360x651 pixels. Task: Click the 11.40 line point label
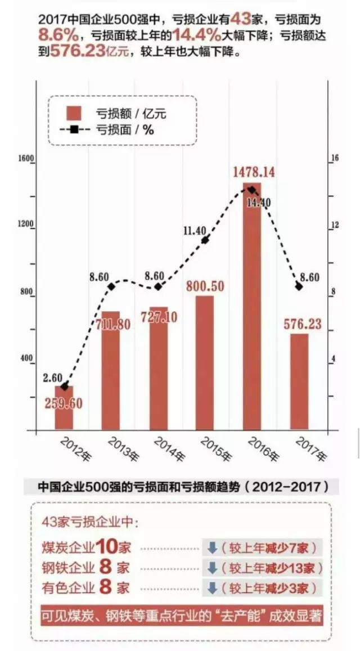(x=195, y=230)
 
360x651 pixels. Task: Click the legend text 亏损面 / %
(x=124, y=129)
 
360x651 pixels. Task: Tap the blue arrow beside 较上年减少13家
(x=212, y=568)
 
